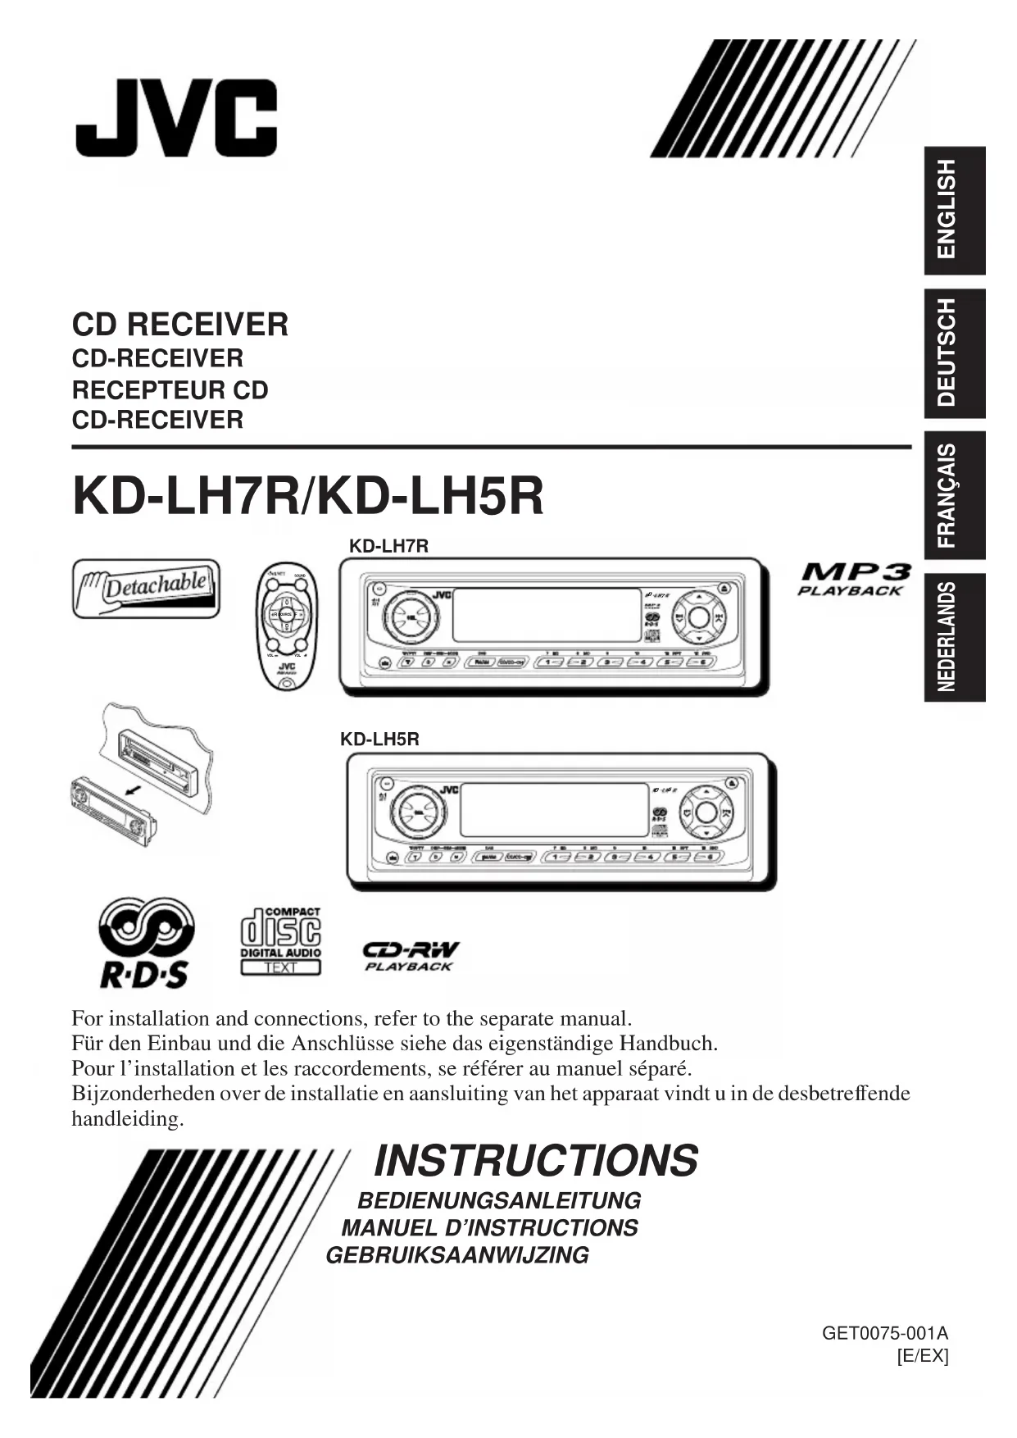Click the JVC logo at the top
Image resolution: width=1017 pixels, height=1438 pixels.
pyautogui.click(x=176, y=118)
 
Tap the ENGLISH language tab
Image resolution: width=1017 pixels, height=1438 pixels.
pyautogui.click(x=955, y=210)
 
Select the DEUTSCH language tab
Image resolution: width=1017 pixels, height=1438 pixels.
pyautogui.click(x=955, y=353)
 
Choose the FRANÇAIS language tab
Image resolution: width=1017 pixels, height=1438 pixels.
pyautogui.click(x=955, y=495)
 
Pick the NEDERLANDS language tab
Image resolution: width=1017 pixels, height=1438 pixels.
pyautogui.click(x=955, y=637)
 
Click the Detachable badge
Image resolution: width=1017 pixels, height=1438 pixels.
pyautogui.click(x=146, y=588)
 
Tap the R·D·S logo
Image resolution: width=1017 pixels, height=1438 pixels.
pyautogui.click(x=146, y=942)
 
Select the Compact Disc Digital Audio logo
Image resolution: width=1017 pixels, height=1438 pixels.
pyautogui.click(x=280, y=940)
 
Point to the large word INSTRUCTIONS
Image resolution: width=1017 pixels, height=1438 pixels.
pyautogui.click(x=536, y=1161)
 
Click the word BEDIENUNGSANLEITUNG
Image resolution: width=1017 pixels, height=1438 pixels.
pyautogui.click(x=499, y=1201)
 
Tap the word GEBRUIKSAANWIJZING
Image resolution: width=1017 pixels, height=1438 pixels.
pyautogui.click(x=457, y=1255)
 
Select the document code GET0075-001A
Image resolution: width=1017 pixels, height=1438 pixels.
pyautogui.click(x=885, y=1333)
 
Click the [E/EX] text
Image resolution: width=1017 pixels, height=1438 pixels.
pyautogui.click(x=923, y=1356)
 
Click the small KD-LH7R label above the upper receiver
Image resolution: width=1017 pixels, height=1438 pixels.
pyautogui.click(x=388, y=546)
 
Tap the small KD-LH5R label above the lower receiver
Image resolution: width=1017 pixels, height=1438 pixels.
pyautogui.click(x=379, y=739)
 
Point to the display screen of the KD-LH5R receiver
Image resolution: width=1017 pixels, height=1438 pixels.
pyautogui.click(x=556, y=808)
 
